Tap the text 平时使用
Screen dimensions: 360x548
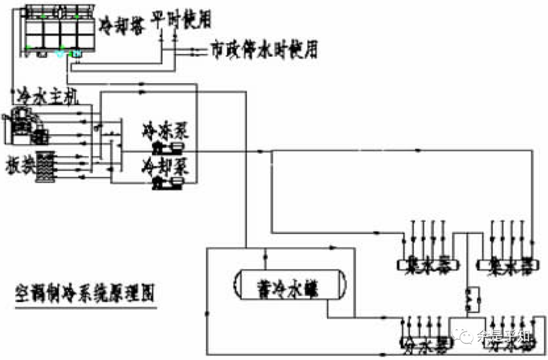point(181,20)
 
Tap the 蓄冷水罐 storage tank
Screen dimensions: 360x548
point(289,288)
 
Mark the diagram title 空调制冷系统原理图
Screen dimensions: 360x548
point(84,293)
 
